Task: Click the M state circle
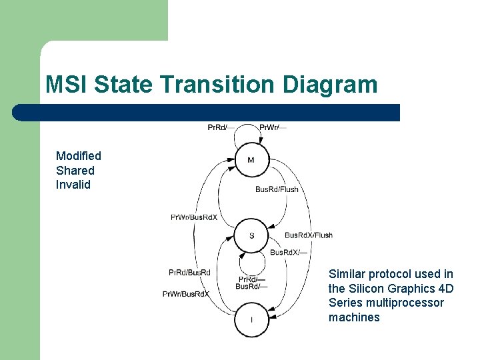coord(251,160)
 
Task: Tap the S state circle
coord(251,235)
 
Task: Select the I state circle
coord(251,320)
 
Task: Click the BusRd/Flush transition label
coord(277,189)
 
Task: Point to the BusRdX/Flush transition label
coord(308,235)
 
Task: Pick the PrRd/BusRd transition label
coord(189,272)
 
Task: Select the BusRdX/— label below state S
coord(289,253)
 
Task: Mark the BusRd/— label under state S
coord(251,287)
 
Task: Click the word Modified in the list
coord(79,156)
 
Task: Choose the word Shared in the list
coord(75,171)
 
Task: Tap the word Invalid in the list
coord(73,185)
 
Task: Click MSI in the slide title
coord(67,85)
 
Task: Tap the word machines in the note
coord(354,317)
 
